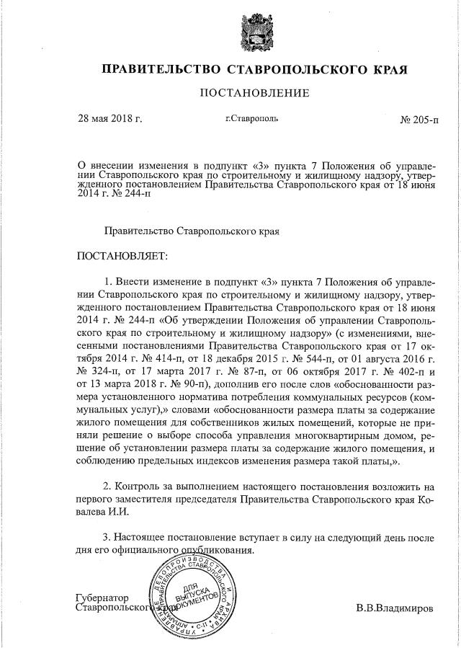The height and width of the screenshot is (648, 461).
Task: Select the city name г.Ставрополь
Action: pos(251,118)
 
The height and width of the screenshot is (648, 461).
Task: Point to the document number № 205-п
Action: pos(419,120)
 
